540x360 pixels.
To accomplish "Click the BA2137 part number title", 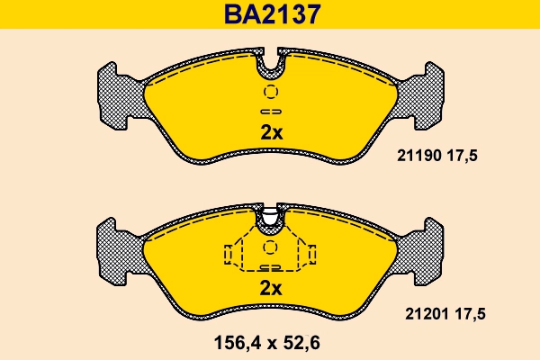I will [270, 14].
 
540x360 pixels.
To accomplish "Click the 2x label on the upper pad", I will [271, 132].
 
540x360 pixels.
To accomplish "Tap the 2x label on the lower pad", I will [271, 289].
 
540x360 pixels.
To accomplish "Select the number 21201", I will [416, 313].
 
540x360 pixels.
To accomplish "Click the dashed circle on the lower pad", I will [271, 248].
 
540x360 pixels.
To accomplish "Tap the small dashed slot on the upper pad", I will [271, 111].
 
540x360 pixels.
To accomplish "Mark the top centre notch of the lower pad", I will [271, 216].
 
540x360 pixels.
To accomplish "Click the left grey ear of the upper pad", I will [118, 94].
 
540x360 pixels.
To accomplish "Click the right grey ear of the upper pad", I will [423, 94].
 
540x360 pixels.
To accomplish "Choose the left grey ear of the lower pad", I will [118, 250].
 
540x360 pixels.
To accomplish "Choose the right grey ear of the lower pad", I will [423, 250].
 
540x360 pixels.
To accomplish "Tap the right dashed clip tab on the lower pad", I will [310, 256].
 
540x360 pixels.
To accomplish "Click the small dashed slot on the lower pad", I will [271, 267].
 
